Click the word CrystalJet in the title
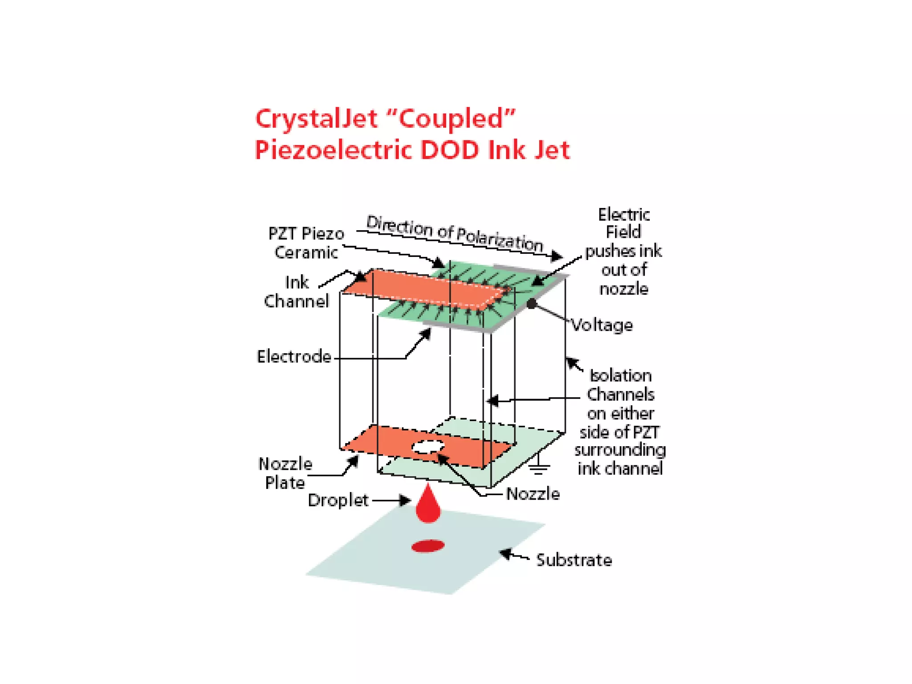[316, 119]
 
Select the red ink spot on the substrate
[428, 546]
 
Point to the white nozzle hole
[428, 446]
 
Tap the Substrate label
[574, 560]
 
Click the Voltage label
[602, 326]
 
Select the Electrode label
[294, 357]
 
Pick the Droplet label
[338, 501]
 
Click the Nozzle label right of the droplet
[533, 494]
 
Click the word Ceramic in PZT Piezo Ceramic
[306, 252]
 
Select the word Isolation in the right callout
[621, 376]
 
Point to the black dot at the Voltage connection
[532, 304]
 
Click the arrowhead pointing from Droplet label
[405, 501]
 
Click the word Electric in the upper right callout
[623, 215]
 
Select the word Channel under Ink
[297, 301]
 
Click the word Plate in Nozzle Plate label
[285, 483]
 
